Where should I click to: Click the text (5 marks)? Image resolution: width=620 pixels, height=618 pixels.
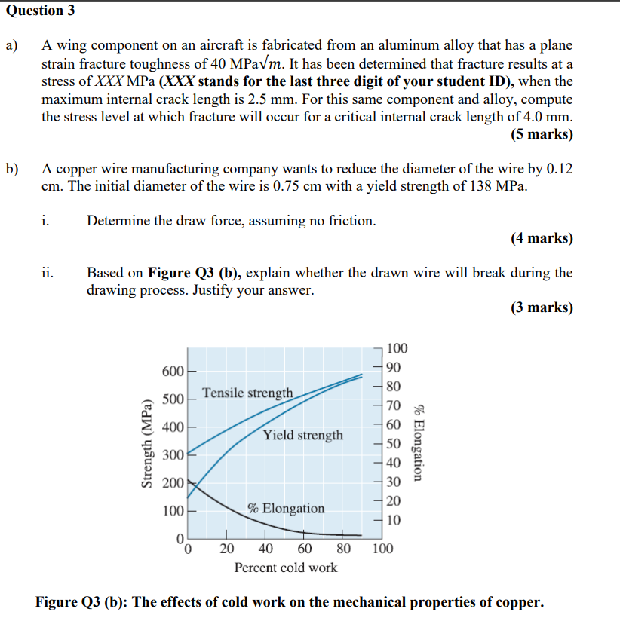coord(542,135)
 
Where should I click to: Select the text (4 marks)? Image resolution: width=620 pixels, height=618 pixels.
coord(542,238)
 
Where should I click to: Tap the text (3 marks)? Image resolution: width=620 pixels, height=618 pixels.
coord(542,307)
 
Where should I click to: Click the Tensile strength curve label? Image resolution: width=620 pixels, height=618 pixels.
coord(247,393)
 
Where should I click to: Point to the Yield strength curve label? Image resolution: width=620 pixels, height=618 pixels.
coord(302,435)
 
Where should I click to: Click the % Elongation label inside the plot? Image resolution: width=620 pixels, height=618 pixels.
coord(286,508)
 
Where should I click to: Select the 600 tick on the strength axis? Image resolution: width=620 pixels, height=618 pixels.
coord(173,372)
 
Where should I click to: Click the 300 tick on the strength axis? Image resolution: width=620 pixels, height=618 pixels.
coord(173,455)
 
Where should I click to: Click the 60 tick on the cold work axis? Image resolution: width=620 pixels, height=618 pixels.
coord(304,549)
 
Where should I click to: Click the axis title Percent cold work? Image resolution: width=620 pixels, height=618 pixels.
coord(286,568)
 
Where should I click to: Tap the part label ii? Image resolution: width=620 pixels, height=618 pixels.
coord(47,273)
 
